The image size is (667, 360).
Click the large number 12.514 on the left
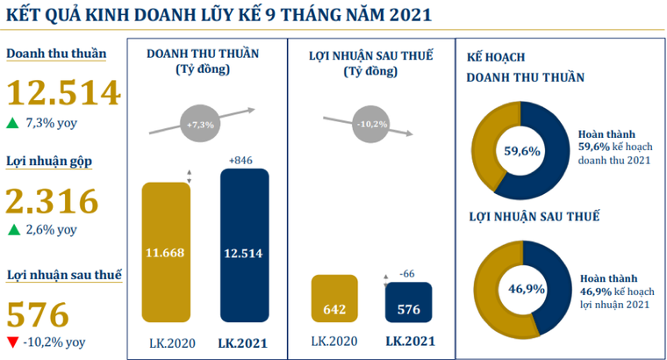(62, 92)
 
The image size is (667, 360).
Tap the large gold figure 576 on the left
(38, 313)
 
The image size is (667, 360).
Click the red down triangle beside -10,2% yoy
(11, 342)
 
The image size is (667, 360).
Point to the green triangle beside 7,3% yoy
(11, 123)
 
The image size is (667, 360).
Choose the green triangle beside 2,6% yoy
(11, 230)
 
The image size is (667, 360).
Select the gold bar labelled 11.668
(165, 253)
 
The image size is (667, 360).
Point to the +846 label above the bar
(240, 161)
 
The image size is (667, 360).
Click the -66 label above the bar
(407, 273)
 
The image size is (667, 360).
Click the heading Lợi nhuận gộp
(50, 162)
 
